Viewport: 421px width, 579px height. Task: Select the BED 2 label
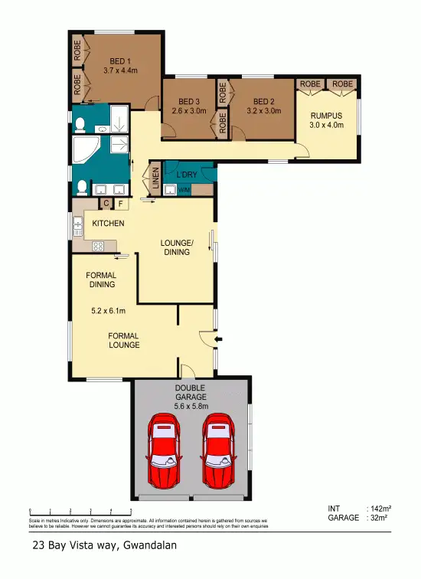[x=263, y=101]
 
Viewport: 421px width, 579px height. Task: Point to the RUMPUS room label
[x=326, y=116]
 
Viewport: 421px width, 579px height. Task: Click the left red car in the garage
[x=163, y=451]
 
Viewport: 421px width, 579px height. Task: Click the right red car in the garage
[x=218, y=451]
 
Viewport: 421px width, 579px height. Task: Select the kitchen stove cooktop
[x=98, y=246]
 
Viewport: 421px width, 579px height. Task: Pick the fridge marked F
[x=119, y=203]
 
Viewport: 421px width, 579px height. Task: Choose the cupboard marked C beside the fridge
[x=107, y=203]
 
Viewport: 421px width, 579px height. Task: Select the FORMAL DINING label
[x=101, y=280]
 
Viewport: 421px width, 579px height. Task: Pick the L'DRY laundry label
[x=187, y=175]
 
